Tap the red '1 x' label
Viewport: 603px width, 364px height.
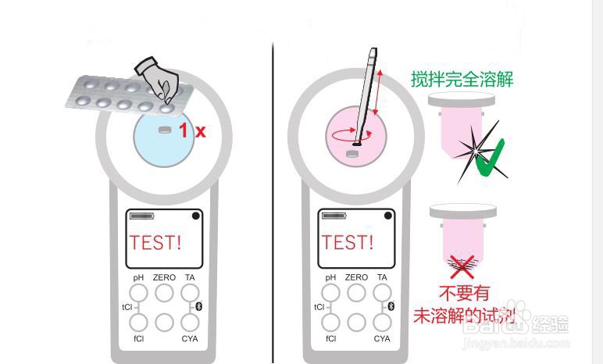click(x=191, y=130)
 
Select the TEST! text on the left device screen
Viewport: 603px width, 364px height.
click(x=155, y=242)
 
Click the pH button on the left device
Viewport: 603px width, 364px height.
click(x=138, y=293)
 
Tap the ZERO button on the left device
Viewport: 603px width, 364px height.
click(x=164, y=293)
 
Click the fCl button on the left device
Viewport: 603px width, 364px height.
click(x=138, y=321)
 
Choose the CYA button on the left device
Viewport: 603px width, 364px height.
click(x=190, y=321)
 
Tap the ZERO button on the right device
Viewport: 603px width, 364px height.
click(x=356, y=293)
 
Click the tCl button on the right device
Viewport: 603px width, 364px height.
click(x=331, y=307)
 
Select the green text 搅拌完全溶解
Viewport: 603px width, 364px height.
click(x=462, y=79)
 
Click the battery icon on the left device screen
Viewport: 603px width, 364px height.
click(x=142, y=216)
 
